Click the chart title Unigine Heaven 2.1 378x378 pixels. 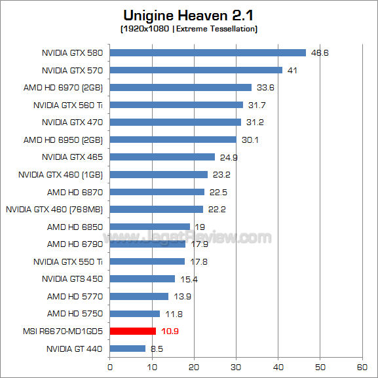click(x=189, y=14)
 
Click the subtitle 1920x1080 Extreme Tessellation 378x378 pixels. click(x=189, y=29)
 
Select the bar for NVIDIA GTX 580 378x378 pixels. click(x=208, y=53)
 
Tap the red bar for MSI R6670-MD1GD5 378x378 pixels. click(x=133, y=331)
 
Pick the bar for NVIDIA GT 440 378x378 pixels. click(x=128, y=349)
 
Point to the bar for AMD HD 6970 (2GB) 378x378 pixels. click(x=181, y=87)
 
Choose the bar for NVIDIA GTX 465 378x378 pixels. click(x=162, y=157)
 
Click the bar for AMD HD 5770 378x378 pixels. click(x=139, y=296)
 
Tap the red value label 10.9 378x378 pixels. click(x=169, y=331)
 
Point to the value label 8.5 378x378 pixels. click(x=157, y=349)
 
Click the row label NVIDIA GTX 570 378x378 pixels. click(x=72, y=70)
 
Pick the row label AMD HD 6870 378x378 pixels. click(x=75, y=192)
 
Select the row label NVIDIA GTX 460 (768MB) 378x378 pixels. click(x=54, y=209)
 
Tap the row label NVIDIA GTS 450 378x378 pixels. click(x=72, y=279)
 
